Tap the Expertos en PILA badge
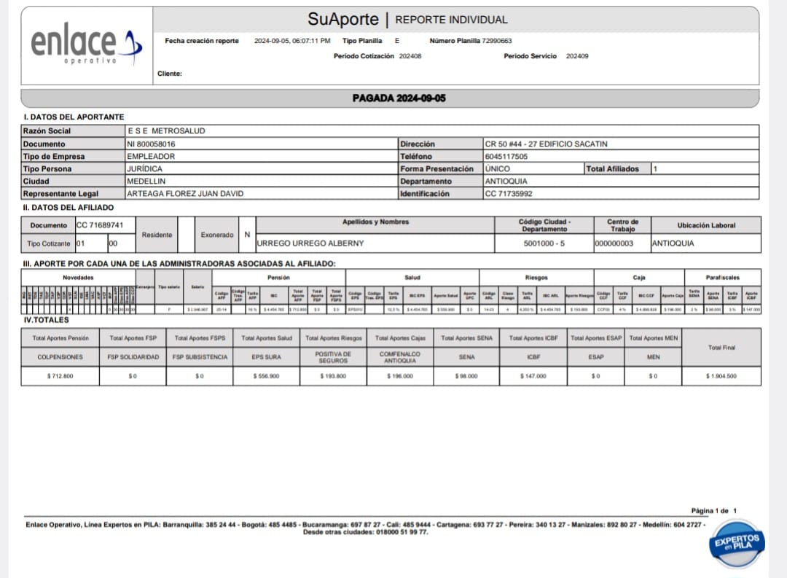(737, 543)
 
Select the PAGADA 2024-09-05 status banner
(399, 98)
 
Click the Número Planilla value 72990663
(497, 41)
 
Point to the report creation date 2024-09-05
(271, 41)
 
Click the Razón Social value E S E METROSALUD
(166, 131)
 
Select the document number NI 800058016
(151, 144)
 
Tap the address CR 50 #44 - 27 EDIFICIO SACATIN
(546, 144)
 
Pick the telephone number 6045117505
(506, 157)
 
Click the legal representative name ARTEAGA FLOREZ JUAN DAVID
(185, 194)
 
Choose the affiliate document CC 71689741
(100, 225)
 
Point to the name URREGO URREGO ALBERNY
(305, 243)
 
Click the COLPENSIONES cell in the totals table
(60, 357)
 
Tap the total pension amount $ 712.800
(60, 376)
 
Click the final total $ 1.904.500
(721, 376)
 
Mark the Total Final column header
(721, 348)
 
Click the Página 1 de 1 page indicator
(714, 511)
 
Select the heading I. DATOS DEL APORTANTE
(74, 117)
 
